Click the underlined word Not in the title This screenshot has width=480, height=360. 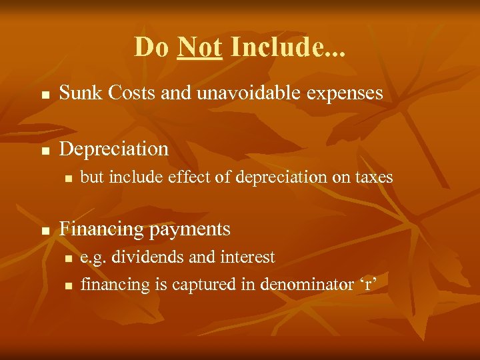click(x=199, y=47)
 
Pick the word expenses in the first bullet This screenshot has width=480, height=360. click(x=347, y=94)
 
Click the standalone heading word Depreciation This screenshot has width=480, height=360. click(x=114, y=149)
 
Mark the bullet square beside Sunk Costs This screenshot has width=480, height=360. click(x=45, y=95)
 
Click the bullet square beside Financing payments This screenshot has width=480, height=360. click(x=45, y=231)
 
